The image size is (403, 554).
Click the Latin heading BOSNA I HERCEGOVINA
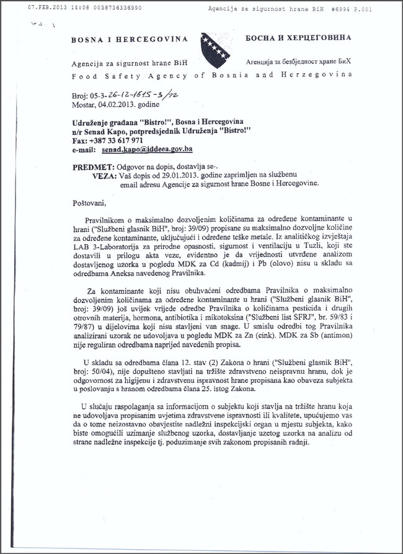[129, 38]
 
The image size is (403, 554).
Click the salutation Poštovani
[89, 201]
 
